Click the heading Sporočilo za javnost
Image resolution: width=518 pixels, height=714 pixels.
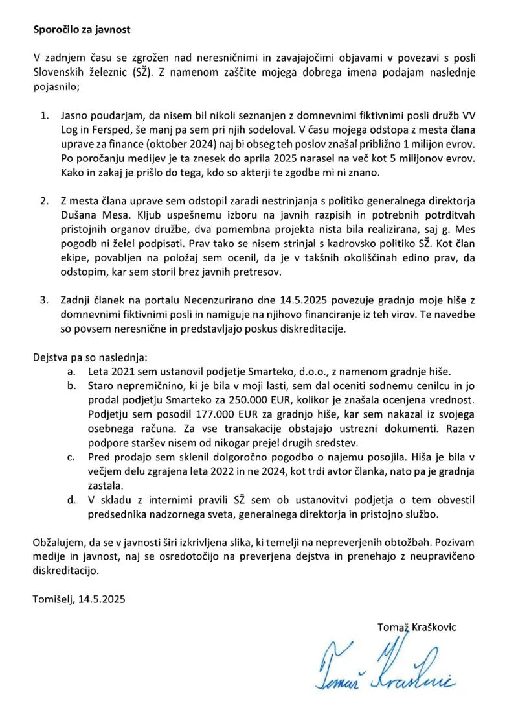(x=85, y=30)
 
